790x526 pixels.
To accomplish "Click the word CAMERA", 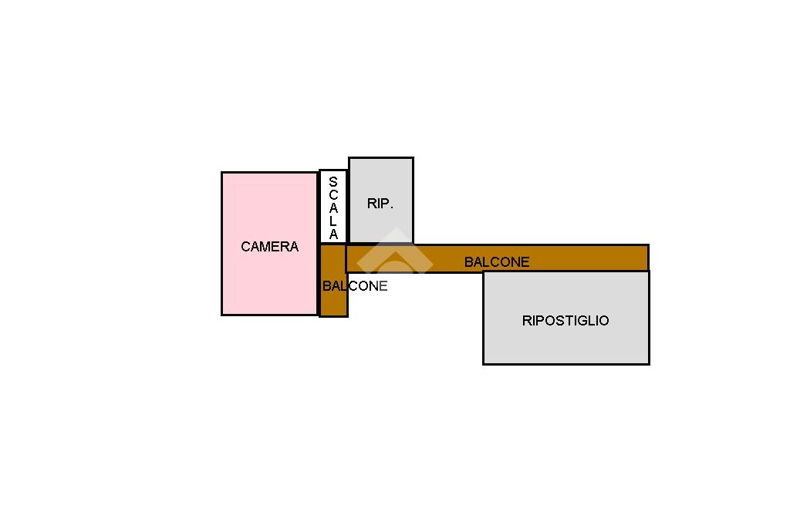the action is [x=269, y=247].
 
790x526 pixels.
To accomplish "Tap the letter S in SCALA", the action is [x=333, y=182].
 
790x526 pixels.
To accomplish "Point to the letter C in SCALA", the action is [x=333, y=195].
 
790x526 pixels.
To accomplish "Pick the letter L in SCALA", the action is [x=333, y=221].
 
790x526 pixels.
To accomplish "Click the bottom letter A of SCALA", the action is [x=333, y=234].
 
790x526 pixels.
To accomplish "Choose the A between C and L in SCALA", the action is [x=333, y=208].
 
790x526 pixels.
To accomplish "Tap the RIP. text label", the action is [x=380, y=204].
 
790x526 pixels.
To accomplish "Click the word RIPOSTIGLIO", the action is [x=565, y=321].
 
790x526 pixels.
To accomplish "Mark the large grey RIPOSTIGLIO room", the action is [x=565, y=343].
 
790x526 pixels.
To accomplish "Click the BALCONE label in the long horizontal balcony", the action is [x=497, y=262].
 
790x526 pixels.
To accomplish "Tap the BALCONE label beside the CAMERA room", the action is [x=355, y=286].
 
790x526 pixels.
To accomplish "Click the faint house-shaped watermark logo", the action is [x=394, y=252].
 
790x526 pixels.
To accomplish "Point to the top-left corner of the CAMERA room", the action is [x=222, y=173].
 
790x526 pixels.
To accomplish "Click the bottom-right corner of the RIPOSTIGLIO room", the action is [x=648, y=363].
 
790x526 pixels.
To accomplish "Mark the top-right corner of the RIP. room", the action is [x=413, y=159].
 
